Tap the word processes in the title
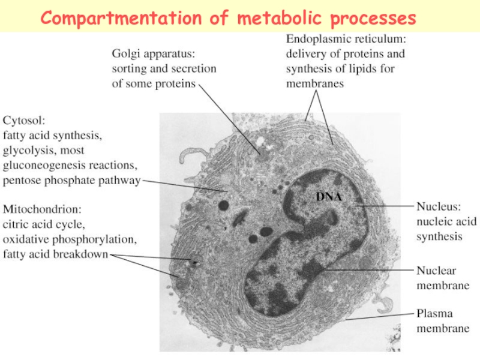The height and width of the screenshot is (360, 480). [373, 19]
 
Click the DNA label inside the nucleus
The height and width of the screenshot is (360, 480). [329, 197]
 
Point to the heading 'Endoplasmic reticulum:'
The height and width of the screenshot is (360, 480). [346, 39]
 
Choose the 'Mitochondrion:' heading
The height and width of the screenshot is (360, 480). [43, 210]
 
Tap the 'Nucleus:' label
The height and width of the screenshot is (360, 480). [439, 206]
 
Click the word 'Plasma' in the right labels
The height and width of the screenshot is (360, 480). [435, 313]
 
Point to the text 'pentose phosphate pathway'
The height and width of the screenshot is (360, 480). [72, 180]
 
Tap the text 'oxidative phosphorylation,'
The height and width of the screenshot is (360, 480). [70, 240]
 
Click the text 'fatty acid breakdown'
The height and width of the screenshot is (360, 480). [55, 255]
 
